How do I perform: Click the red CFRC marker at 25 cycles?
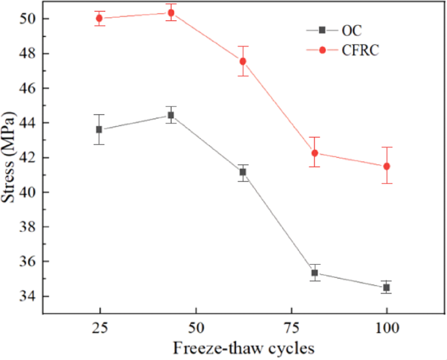click(99, 18)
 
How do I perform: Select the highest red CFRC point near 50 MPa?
click(171, 12)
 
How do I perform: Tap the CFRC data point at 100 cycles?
click(386, 166)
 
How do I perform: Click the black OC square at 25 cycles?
click(99, 129)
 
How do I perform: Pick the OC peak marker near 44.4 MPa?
click(171, 115)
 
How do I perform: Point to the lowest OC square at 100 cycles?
click(386, 288)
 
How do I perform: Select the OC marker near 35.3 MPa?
click(315, 273)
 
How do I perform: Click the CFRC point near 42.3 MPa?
click(315, 153)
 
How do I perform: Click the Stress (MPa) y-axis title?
click(9, 157)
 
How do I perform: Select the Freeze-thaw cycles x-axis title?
click(243, 348)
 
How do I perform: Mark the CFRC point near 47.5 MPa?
click(243, 61)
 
